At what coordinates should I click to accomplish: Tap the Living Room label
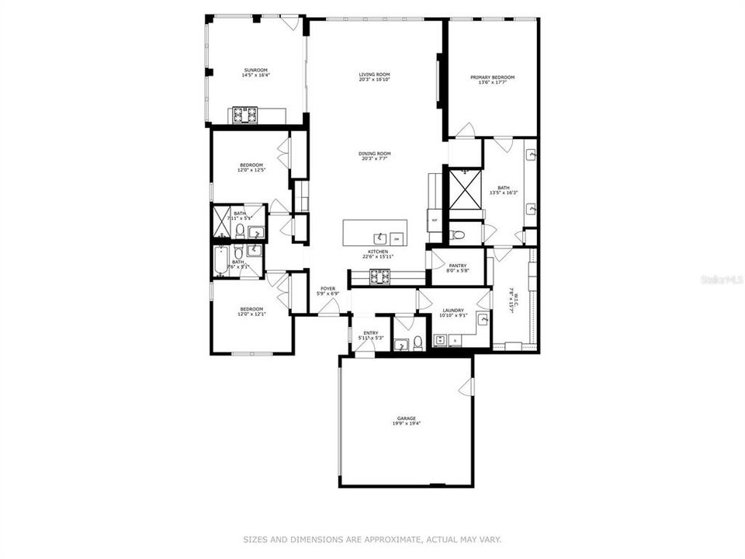pos(374,75)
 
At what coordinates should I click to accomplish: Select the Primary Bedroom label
pos(493,77)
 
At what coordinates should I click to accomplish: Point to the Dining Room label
pos(374,153)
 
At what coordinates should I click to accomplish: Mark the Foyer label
pos(327,289)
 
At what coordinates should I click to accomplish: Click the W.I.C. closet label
pos(511,296)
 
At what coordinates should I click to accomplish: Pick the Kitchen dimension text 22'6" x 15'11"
pos(378,256)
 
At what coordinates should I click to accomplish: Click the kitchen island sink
pos(380,238)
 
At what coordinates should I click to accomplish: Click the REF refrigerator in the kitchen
pos(435,220)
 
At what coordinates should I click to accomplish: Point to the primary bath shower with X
pos(466,189)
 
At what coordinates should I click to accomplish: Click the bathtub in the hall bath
pos(220,262)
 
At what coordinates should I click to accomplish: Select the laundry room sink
pos(483,319)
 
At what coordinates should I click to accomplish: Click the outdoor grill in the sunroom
pos(247,116)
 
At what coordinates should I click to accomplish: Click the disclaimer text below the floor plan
pos(372,539)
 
